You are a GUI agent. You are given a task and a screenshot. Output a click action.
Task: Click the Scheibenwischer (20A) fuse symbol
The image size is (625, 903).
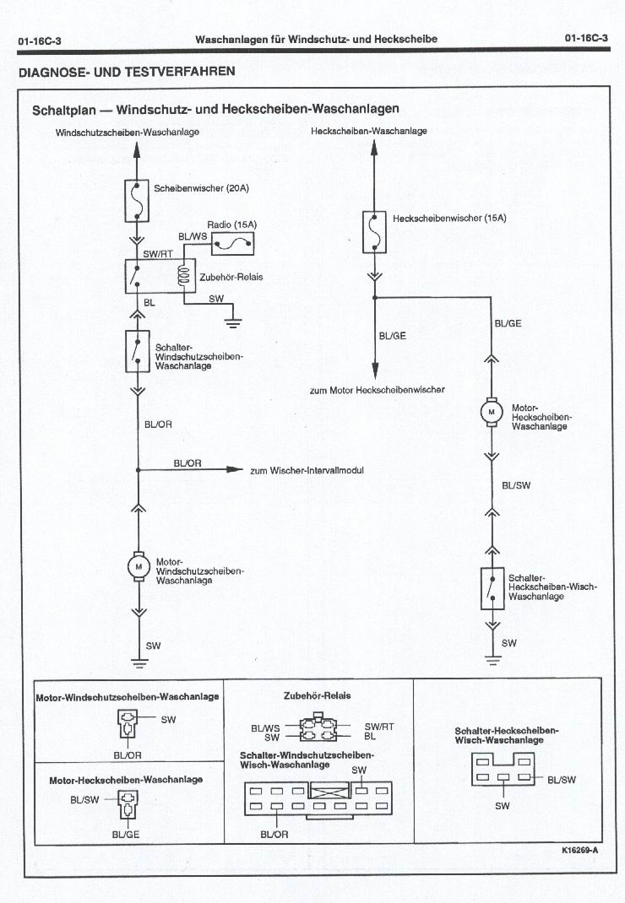pos(137,201)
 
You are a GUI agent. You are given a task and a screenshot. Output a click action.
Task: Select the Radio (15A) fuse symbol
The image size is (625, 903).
pos(232,244)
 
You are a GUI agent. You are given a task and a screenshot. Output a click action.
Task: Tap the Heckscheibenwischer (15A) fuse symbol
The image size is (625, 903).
pos(374,232)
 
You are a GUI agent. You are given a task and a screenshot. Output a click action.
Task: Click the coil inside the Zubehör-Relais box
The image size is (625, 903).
pos(184,275)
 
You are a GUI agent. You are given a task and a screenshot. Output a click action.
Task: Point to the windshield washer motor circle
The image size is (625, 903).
pos(139,566)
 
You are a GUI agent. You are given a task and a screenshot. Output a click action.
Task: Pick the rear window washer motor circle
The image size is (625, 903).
pos(492,412)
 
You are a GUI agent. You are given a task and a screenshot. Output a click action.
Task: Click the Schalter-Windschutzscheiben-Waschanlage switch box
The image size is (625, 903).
pos(137,351)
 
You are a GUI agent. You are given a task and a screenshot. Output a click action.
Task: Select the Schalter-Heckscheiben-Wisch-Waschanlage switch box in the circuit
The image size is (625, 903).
pos(492,588)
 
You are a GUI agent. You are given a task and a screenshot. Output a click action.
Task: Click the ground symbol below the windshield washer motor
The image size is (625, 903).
pos(139,662)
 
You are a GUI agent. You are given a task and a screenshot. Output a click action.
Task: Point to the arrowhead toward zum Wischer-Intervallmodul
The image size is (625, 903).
pos(235,469)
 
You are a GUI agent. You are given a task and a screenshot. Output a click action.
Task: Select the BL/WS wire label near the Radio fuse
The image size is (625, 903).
pos(193,236)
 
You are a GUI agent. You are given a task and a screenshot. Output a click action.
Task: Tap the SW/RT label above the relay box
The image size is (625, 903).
pos(158,253)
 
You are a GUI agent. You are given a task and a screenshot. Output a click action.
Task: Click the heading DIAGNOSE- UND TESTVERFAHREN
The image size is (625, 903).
pos(127,72)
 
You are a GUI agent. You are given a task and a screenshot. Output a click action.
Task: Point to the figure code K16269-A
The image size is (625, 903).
pos(579,850)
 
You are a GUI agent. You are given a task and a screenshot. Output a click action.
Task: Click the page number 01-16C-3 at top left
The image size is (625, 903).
pos(40,41)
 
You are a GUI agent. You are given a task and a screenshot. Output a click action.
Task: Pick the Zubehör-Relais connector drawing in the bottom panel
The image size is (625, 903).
pos(317,727)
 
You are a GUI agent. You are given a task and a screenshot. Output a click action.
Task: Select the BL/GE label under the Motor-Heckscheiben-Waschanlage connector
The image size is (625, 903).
pos(126,834)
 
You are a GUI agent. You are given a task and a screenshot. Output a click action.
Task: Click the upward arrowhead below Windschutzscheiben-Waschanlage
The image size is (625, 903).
pos(137,149)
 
